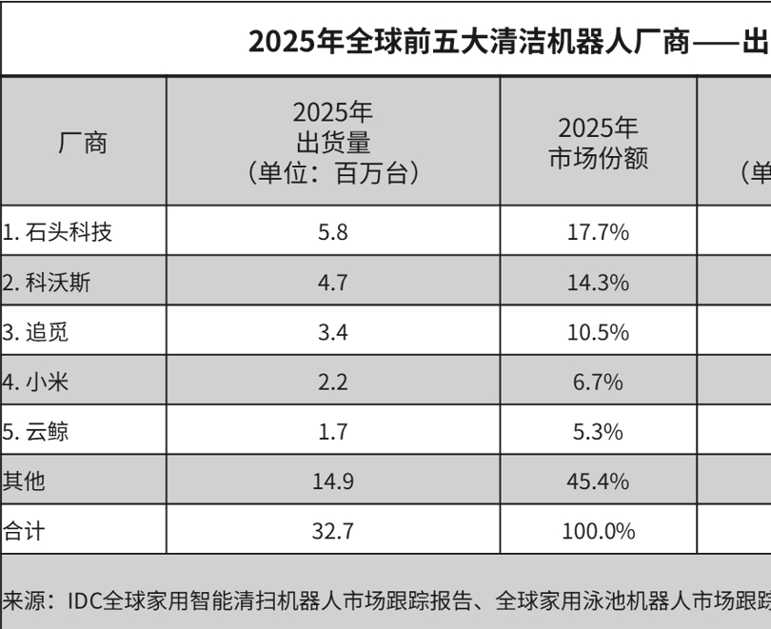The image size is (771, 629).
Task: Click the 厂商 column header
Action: [x=83, y=143]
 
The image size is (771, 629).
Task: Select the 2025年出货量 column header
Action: [x=332, y=142]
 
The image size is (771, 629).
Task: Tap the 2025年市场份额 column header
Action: [x=598, y=143]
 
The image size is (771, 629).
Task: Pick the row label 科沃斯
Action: [x=48, y=282]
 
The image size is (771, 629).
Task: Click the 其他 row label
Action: [x=25, y=482]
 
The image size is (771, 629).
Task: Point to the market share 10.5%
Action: [x=598, y=332]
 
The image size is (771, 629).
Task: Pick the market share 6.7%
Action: [x=598, y=383]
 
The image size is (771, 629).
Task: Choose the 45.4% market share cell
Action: [x=598, y=482]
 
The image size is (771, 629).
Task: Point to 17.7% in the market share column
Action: [x=598, y=231]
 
